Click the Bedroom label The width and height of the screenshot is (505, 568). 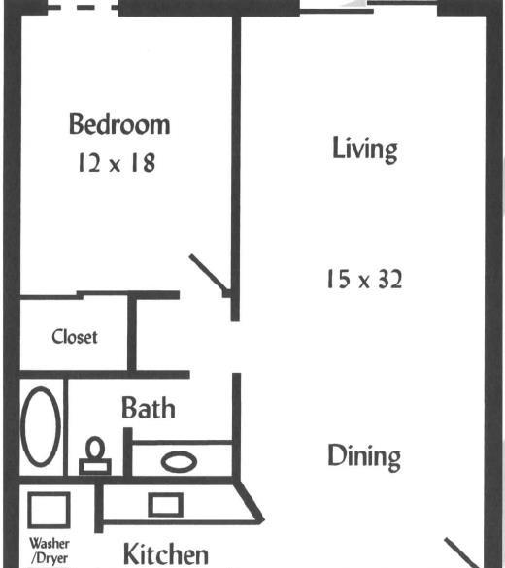[x=119, y=124]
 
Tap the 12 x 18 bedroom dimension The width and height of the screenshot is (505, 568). [x=117, y=163]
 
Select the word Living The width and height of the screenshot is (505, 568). [x=365, y=150]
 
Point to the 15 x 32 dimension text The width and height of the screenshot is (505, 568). [x=364, y=280]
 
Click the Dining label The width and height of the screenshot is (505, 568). [x=364, y=456]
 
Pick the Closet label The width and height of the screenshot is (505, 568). [x=75, y=337]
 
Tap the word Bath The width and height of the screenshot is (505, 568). [x=149, y=408]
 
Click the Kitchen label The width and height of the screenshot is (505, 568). [x=166, y=554]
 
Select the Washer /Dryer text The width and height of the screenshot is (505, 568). [x=50, y=551]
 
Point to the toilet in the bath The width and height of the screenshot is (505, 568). [x=95, y=455]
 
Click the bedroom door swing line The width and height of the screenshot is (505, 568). [x=208, y=273]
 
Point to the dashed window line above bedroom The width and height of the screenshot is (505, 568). [x=84, y=7]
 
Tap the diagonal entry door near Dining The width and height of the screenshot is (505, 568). [x=462, y=553]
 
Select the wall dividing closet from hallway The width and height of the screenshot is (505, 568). [x=132, y=332]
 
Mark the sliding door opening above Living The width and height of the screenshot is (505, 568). [x=369, y=7]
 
